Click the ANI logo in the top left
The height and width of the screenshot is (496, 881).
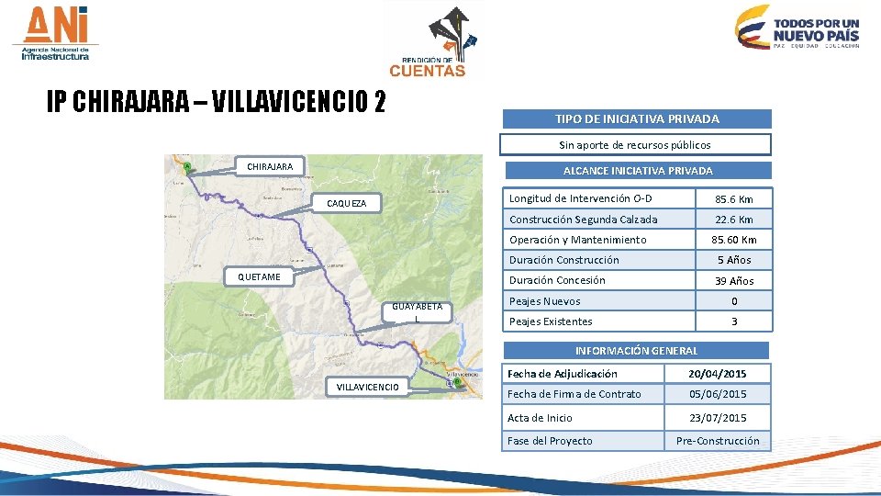[56, 34]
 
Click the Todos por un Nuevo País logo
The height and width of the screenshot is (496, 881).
[798, 28]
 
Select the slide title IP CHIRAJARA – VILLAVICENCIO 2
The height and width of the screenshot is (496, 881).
[217, 102]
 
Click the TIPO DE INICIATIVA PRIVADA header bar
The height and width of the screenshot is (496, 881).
[636, 118]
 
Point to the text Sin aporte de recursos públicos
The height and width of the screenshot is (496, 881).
[635, 144]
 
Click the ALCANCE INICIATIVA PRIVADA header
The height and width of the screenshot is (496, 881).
[637, 171]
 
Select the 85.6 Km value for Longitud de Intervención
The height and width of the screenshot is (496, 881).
[732, 199]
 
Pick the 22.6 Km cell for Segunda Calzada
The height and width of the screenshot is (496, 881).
[732, 220]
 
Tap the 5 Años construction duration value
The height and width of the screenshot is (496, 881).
[732, 260]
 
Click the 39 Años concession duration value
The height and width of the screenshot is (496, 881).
[732, 281]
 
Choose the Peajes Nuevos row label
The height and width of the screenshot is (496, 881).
[545, 301]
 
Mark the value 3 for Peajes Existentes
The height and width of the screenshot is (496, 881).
[732, 321]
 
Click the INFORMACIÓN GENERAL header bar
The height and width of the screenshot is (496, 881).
[635, 350]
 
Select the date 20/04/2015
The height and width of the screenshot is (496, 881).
[718, 374]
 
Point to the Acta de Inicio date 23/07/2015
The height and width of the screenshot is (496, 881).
[718, 418]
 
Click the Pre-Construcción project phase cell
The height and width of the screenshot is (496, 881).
[718, 441]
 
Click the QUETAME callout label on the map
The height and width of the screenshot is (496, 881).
[260, 276]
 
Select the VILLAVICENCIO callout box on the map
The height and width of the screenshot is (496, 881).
[367, 387]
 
